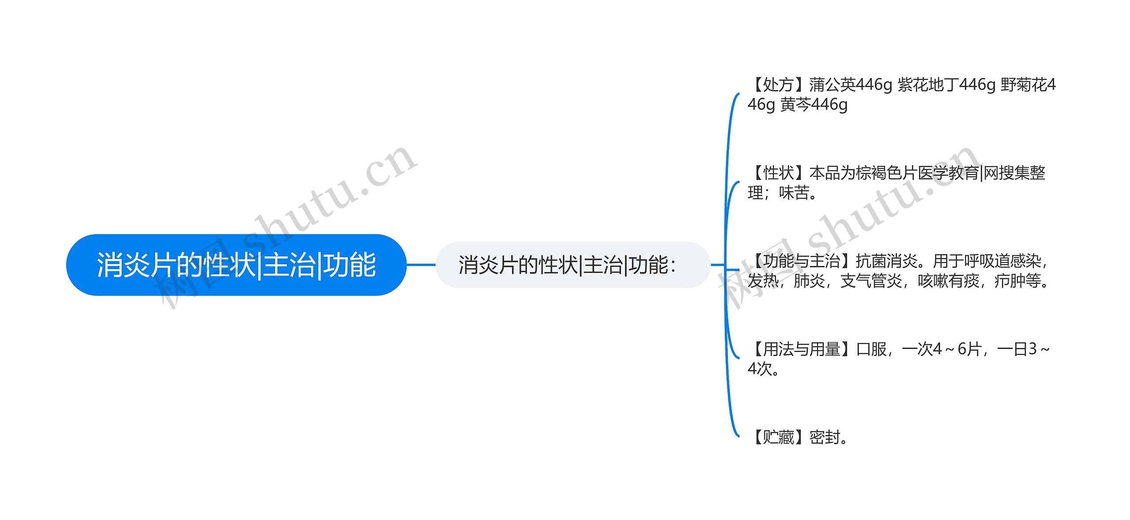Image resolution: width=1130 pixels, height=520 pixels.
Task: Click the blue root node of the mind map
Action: pyautogui.click(x=236, y=265)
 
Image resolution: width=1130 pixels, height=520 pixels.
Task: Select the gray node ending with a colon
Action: pyautogui.click(x=573, y=265)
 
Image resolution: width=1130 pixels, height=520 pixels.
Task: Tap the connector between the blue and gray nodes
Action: pyautogui.click(x=421, y=265)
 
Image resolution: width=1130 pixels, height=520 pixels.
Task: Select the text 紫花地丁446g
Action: pyautogui.click(x=946, y=85)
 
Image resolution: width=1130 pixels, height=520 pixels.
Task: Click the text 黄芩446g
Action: pyautogui.click(x=814, y=105)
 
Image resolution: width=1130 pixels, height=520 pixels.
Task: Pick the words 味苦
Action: pyautogui.click(x=794, y=193)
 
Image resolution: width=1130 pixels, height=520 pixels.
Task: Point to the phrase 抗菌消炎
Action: pyautogui.click(x=887, y=261)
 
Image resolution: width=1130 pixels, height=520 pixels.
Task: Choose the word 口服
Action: pyautogui.click(x=871, y=349)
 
